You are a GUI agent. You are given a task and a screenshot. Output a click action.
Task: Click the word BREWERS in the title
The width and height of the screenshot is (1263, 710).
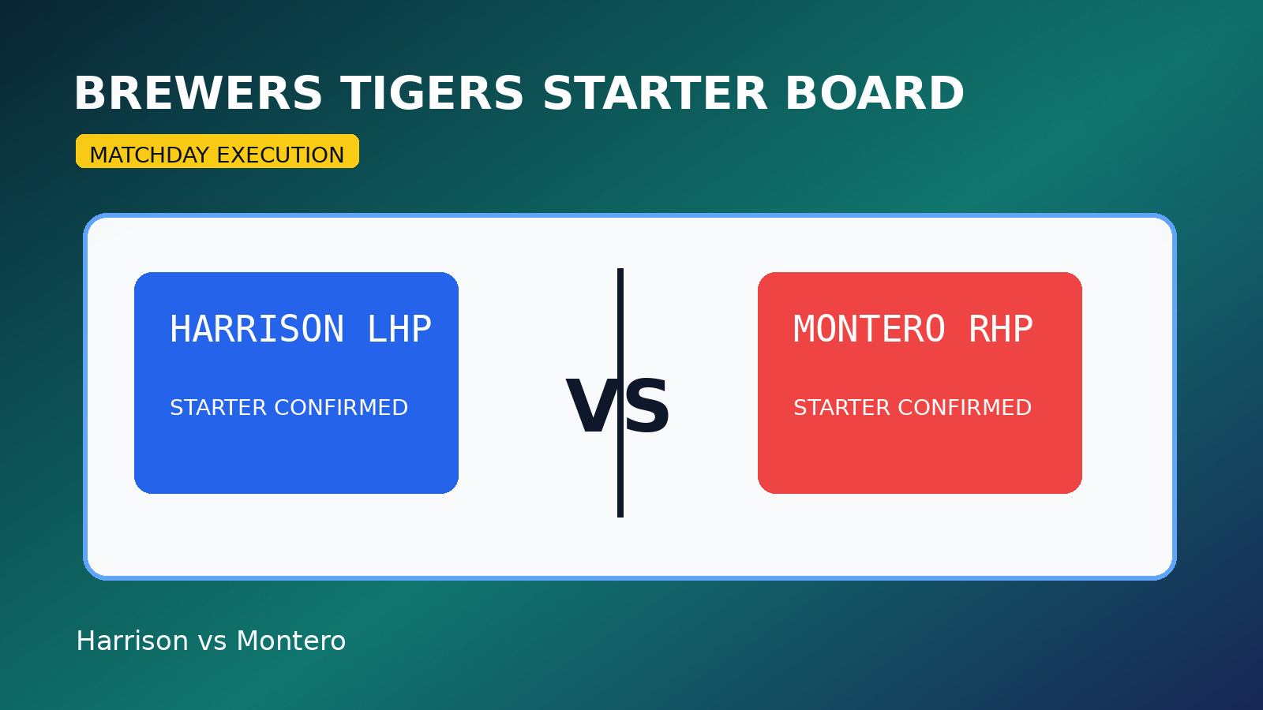point(198,94)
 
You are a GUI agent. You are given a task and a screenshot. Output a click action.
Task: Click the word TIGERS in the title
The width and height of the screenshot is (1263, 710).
point(433,94)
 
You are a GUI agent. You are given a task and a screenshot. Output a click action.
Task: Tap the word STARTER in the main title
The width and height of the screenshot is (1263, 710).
point(654,94)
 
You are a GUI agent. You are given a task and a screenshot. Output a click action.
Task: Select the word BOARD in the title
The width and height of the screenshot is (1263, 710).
point(874,94)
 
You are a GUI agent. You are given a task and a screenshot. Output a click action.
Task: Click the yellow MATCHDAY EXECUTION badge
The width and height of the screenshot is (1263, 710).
point(217,151)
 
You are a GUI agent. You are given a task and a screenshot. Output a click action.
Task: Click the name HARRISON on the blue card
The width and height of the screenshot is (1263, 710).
point(257,330)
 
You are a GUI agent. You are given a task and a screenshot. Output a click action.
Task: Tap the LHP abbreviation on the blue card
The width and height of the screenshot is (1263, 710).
point(399,330)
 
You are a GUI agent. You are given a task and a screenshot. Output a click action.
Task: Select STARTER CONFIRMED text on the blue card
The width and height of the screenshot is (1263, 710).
point(289,408)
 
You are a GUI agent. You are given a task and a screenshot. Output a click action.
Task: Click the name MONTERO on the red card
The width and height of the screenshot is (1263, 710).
point(869,330)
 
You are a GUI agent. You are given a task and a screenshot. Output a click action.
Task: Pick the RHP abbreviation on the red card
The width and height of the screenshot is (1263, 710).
point(1001,330)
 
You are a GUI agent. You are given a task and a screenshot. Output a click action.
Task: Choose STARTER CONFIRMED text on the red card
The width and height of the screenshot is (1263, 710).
point(913,408)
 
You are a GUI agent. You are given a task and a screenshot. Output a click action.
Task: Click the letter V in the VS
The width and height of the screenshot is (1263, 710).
point(590,407)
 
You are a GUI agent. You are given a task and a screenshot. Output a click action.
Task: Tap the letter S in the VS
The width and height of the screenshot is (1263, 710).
point(648,407)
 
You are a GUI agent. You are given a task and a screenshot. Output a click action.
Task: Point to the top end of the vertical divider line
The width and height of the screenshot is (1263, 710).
point(620,271)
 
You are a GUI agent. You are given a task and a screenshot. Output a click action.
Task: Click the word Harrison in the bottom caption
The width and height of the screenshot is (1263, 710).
point(132,641)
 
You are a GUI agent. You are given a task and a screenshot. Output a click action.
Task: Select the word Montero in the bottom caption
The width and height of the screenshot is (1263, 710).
point(290,641)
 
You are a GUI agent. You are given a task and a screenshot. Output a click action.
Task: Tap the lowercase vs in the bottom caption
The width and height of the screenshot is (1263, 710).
point(212,642)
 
